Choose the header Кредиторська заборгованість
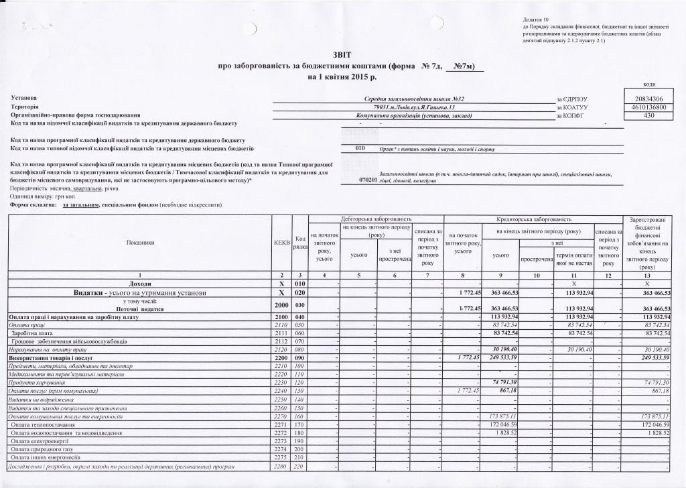(x=533, y=219)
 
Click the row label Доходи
(x=139, y=284)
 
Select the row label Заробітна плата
(x=33, y=332)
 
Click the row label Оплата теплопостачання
(x=43, y=425)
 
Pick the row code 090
(x=299, y=357)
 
